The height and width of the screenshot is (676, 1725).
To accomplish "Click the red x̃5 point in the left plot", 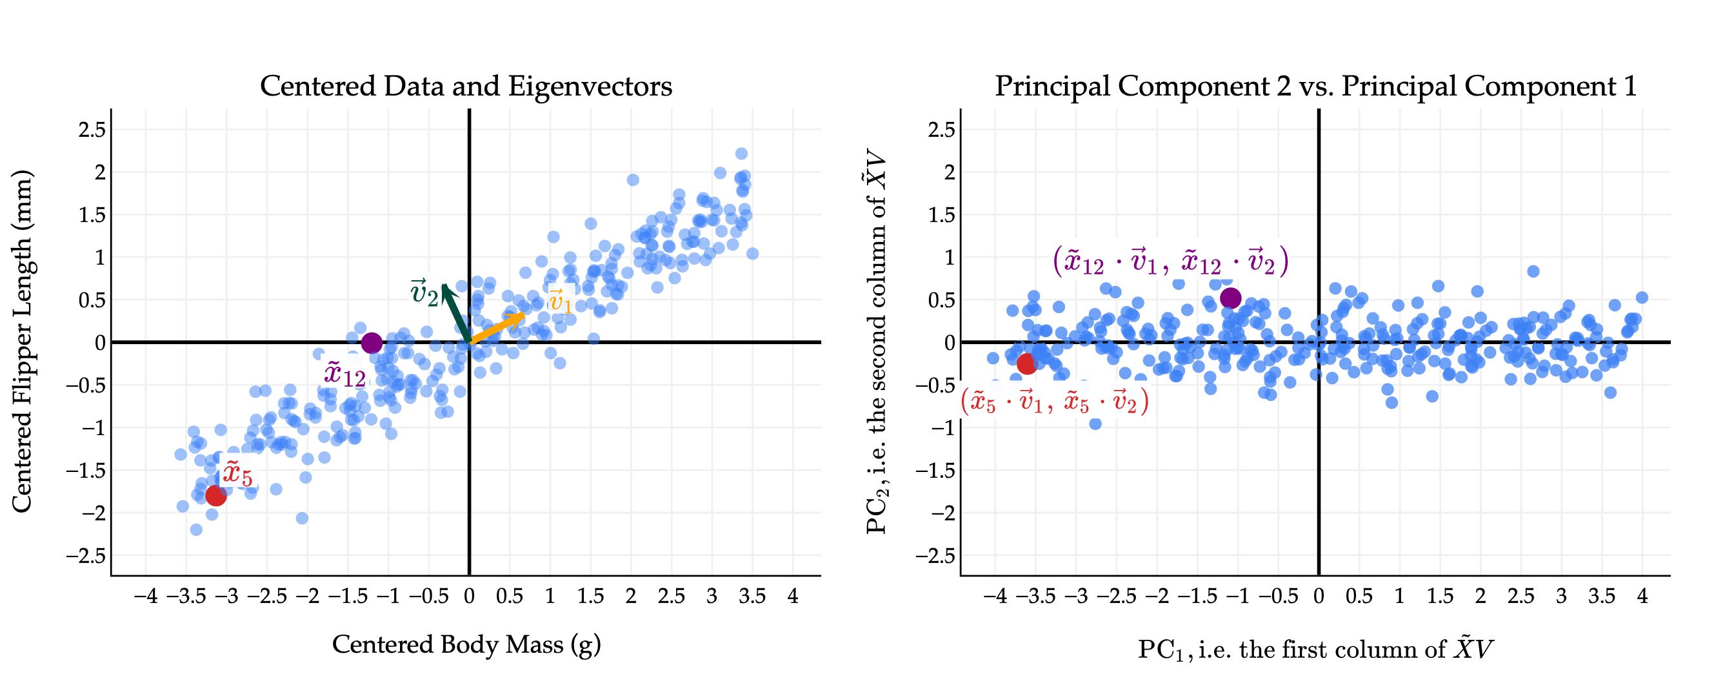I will coord(215,496).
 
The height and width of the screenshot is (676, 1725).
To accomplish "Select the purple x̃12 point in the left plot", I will coord(372,343).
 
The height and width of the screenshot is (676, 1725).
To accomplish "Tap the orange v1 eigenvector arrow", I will coord(497,328).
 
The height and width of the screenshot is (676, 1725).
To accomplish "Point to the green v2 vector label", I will coord(424,293).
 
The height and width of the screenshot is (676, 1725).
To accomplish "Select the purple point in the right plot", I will coord(1231,298).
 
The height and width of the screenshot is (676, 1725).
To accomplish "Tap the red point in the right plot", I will coord(1027,364).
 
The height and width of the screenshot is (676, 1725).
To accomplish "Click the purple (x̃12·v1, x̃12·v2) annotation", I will coord(1170,261).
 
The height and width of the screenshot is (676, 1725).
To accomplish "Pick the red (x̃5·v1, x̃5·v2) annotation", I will coord(1055,402).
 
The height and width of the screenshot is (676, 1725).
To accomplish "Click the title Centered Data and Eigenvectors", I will coord(465,87).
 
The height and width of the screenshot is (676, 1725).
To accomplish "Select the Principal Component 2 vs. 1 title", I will coord(1315,87).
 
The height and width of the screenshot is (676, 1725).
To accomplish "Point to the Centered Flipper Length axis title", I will coord(22,342).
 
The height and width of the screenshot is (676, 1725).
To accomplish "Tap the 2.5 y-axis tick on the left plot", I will coord(92,129).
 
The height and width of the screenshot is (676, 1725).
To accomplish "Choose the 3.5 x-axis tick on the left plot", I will coord(752,595).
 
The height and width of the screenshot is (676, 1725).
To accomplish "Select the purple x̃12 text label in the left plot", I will coord(345,374).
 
